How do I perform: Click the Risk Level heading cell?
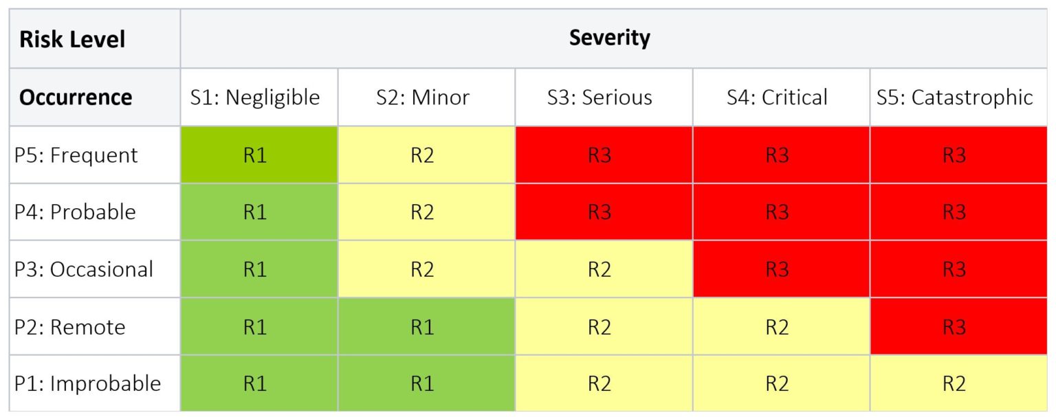72,39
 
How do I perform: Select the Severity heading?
609,38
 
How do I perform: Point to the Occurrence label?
76,98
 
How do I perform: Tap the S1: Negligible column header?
255,98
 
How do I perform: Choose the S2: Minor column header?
422,98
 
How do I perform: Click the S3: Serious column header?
599,98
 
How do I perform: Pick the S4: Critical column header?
777,98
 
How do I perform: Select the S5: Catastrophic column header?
954,98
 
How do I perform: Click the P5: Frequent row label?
76,155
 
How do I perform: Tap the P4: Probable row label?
75,212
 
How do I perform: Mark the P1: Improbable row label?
87,383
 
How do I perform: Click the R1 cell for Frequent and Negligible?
255,155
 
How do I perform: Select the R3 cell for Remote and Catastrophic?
954,327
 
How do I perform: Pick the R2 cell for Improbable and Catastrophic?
954,383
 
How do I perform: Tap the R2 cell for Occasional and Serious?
599,269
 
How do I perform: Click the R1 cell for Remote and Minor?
422,327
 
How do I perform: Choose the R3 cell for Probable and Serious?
599,212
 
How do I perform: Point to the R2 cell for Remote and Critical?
777,327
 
